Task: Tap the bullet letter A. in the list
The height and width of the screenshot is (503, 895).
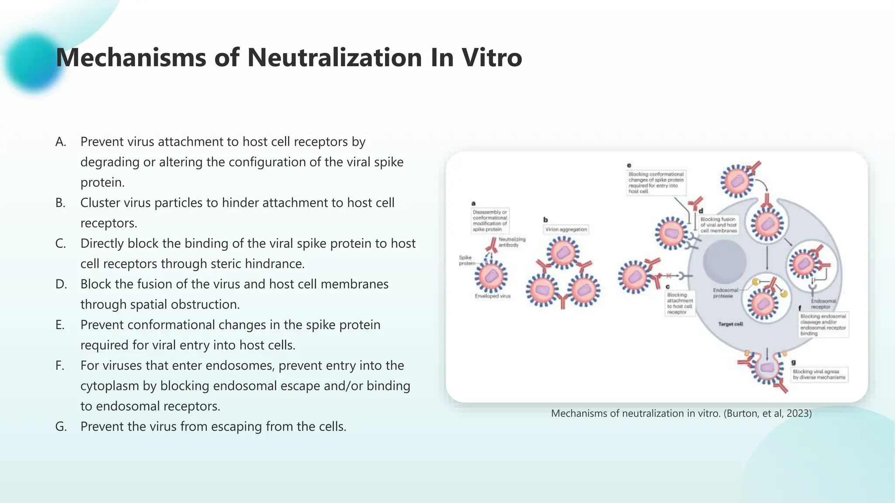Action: pyautogui.click(x=61, y=142)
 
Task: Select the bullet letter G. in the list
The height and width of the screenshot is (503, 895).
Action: pyautogui.click(x=61, y=427)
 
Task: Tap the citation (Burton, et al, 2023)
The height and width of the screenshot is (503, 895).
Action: pyautogui.click(x=767, y=413)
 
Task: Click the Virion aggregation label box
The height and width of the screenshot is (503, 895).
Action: pyautogui.click(x=566, y=229)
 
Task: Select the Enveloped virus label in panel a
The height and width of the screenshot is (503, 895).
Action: pyautogui.click(x=493, y=296)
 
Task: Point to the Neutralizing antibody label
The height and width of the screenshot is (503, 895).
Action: pyautogui.click(x=512, y=242)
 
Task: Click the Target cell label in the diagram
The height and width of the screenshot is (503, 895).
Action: pyautogui.click(x=730, y=324)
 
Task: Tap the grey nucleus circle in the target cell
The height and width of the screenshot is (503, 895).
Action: pyautogui.click(x=724, y=261)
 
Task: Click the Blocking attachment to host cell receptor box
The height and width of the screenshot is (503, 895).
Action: pyautogui.click(x=680, y=303)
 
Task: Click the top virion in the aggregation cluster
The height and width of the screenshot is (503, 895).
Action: pyautogui.click(x=563, y=252)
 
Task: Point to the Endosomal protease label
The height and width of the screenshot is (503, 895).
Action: pyautogui.click(x=725, y=293)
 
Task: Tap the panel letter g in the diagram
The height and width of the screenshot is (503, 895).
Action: pyautogui.click(x=793, y=362)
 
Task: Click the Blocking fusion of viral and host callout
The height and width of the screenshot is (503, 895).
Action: pyautogui.click(x=718, y=225)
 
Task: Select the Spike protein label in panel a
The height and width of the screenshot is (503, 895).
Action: pyautogui.click(x=466, y=260)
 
